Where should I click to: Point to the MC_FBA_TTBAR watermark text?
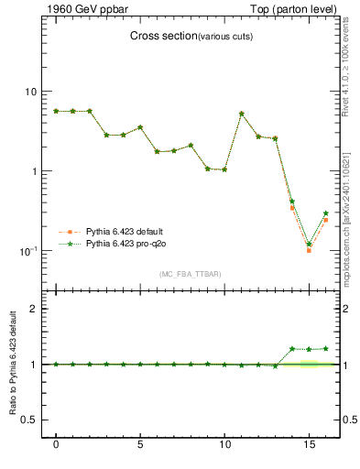(x=190, y=274)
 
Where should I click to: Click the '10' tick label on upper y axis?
(x=30, y=92)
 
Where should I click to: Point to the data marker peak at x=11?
(x=241, y=114)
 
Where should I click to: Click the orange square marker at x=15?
(x=309, y=250)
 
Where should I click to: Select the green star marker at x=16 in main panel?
(x=325, y=213)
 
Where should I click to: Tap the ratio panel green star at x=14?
(x=292, y=349)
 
